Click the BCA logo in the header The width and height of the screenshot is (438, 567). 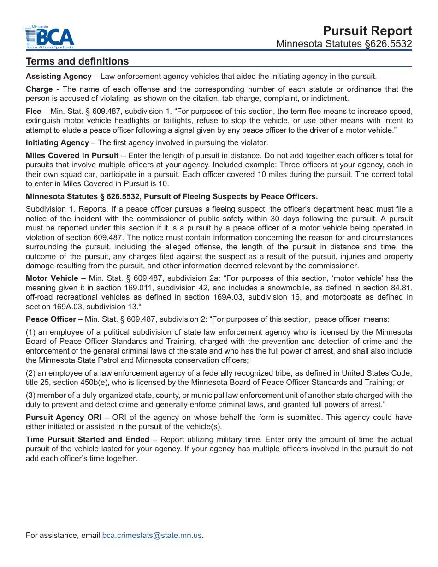point(49,37)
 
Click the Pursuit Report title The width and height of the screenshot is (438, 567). point(367,30)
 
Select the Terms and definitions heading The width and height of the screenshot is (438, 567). point(77,61)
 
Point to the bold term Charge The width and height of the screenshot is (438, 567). point(39,89)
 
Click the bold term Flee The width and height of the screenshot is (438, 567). point(34,111)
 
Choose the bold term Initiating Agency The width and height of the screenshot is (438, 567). point(57,142)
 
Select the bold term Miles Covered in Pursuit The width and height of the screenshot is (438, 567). point(72,155)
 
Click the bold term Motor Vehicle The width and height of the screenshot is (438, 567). point(52,278)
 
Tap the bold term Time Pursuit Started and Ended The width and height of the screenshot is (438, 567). point(88,439)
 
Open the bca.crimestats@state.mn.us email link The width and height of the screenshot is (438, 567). point(152,535)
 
